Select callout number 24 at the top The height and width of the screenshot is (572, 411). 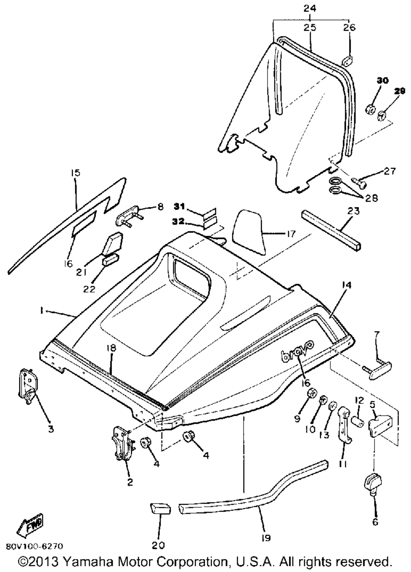point(310,9)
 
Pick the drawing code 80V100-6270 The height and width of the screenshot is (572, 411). point(34,547)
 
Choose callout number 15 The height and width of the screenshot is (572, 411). point(76,173)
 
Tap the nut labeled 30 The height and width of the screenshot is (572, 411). point(369,109)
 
